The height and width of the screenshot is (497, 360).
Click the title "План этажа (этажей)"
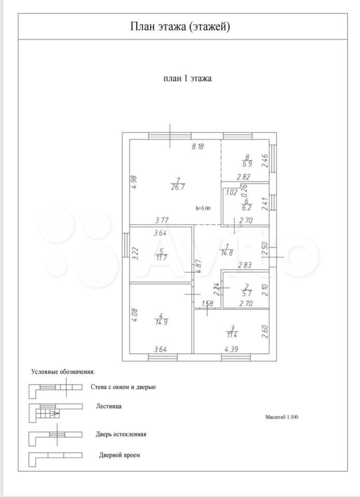tap(180, 26)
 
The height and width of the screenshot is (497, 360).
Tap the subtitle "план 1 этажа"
tap(188, 79)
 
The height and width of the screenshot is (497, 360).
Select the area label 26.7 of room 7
tap(178, 187)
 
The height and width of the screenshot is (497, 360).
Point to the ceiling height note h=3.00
tap(203, 208)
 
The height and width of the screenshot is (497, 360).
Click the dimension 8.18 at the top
tap(198, 147)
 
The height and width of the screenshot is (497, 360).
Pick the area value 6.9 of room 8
tap(247, 164)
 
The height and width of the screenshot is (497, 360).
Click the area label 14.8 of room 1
tap(227, 253)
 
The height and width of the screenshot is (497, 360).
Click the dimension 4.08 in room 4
tap(133, 315)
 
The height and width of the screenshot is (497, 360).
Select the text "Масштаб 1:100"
tap(286, 416)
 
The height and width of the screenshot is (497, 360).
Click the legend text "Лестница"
tap(109, 407)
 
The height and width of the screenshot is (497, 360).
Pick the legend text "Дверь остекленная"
tap(121, 434)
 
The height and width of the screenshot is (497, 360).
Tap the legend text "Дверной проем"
tap(119, 456)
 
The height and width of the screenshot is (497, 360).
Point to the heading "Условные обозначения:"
tap(64, 372)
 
